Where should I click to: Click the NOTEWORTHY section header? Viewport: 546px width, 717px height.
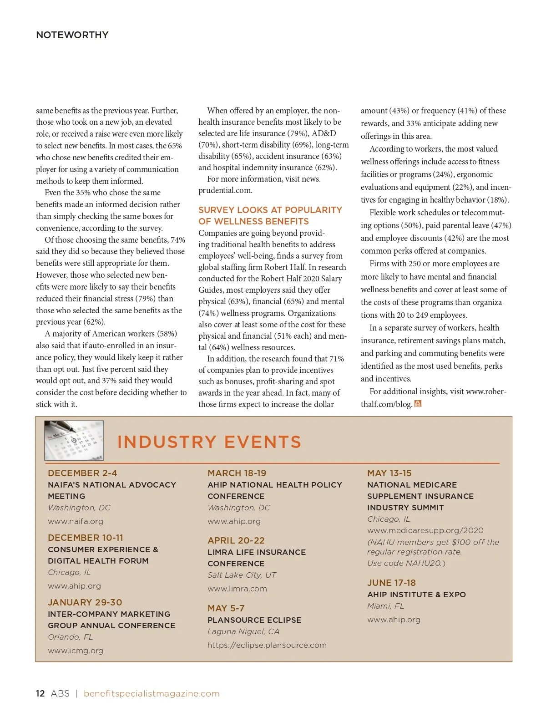[72, 35]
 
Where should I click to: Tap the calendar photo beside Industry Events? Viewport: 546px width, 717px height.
[74, 440]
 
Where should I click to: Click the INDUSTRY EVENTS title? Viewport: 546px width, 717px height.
[209, 442]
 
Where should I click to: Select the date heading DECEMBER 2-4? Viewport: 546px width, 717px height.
[82, 473]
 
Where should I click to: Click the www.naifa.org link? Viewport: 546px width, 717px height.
[76, 521]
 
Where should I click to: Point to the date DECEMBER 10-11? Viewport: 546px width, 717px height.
[86, 538]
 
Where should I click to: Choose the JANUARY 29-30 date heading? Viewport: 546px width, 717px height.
[85, 602]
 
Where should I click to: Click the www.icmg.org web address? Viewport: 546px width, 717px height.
[76, 651]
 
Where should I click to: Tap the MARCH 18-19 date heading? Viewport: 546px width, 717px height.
[237, 473]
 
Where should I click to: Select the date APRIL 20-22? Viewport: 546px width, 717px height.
[236, 540]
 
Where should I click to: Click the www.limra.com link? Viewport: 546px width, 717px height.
[237, 589]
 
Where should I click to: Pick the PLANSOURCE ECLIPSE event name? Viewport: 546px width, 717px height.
[254, 620]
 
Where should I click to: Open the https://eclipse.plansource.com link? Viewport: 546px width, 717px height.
[267, 645]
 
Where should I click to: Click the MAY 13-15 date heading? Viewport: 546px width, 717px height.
[389, 473]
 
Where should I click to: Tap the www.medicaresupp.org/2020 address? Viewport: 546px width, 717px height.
[425, 530]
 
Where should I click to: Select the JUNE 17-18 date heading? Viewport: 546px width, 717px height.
[391, 583]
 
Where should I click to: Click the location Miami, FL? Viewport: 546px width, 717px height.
[385, 606]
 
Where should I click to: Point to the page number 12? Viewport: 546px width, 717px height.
[40, 693]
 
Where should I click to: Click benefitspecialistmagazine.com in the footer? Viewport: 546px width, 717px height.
[152, 693]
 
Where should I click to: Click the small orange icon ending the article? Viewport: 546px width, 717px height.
[418, 404]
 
